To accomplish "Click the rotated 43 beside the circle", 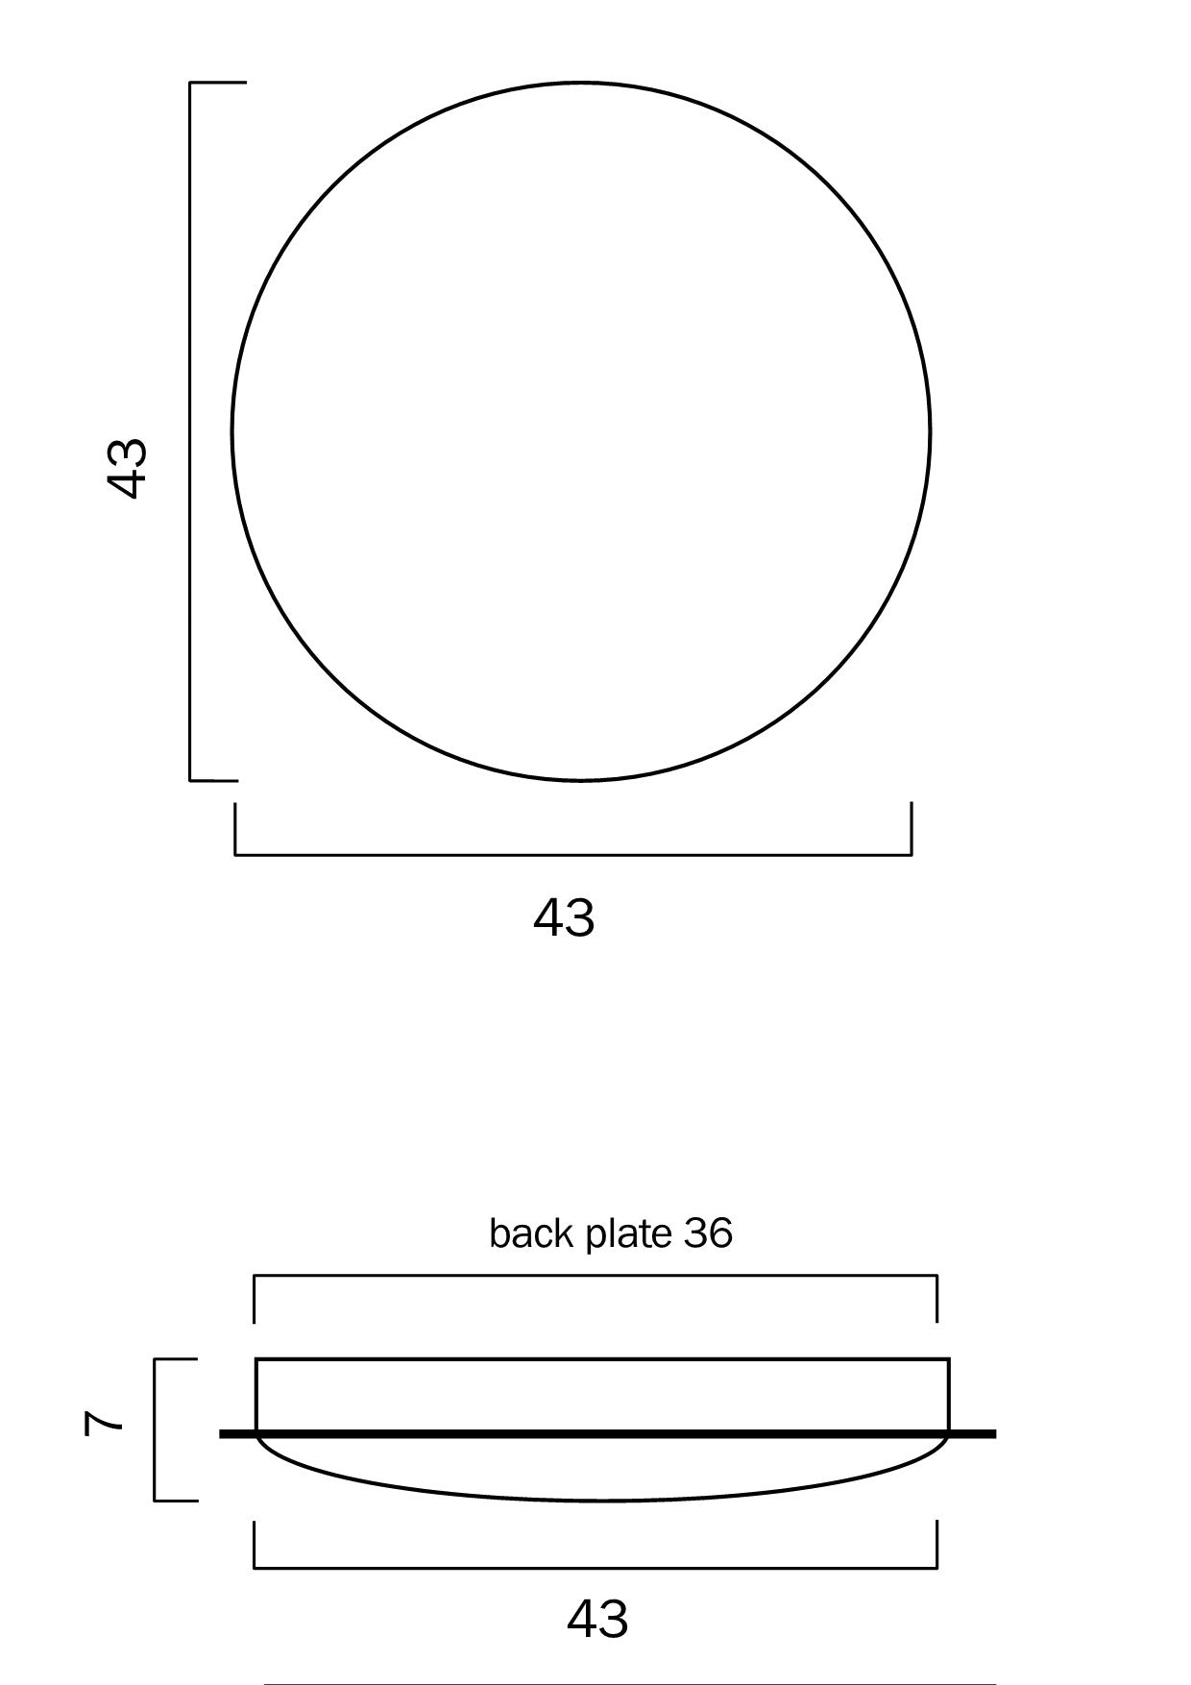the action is (x=126, y=468).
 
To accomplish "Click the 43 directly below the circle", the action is (x=564, y=917).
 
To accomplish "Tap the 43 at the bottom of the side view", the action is (x=597, y=1619).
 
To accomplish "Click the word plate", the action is (x=629, y=1235).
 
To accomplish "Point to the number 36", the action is (x=708, y=1233).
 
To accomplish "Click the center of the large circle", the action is (x=581, y=431).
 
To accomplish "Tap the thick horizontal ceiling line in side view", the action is (x=608, y=1434).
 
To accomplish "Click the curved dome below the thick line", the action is (x=602, y=1500).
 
